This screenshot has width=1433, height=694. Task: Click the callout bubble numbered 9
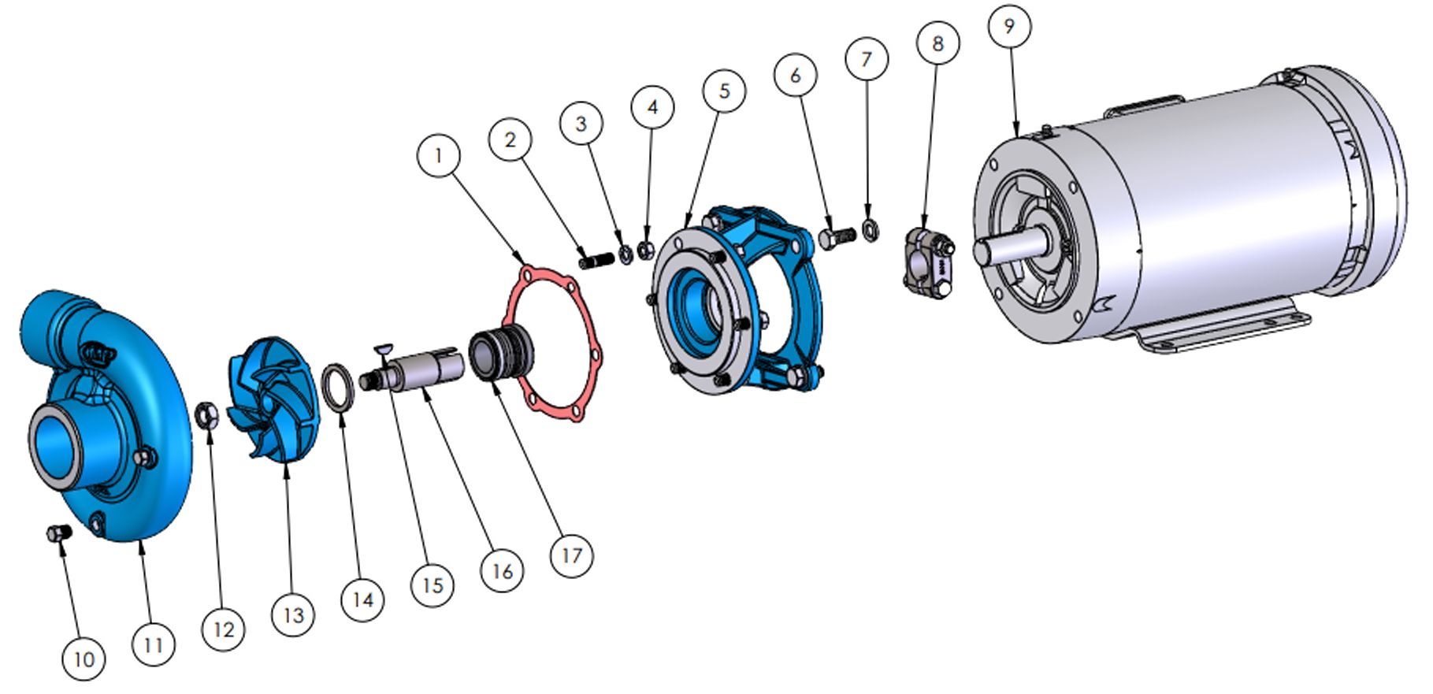pos(1009,26)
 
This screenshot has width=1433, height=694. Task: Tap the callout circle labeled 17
pos(571,555)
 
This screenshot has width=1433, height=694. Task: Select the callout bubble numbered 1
pos(439,155)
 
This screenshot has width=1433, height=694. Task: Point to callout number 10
pos(84,659)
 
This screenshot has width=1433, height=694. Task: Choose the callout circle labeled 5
pos(724,91)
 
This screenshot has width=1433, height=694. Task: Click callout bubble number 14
pos(362,600)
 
